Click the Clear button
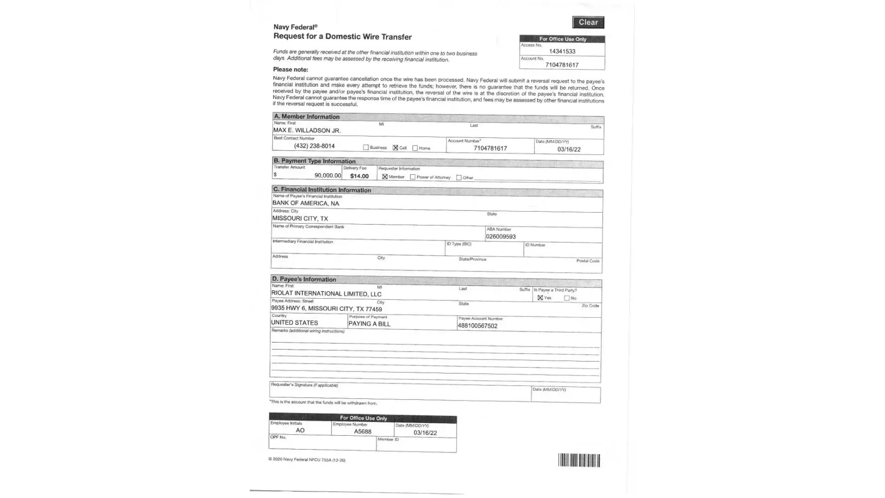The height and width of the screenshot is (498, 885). tap(588, 22)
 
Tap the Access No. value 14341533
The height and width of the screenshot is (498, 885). tap(562, 51)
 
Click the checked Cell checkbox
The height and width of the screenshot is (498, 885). tap(395, 148)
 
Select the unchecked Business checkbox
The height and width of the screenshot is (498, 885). tap(366, 147)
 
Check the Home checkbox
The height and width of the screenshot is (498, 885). tap(415, 148)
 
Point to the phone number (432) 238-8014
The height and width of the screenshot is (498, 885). tap(314, 146)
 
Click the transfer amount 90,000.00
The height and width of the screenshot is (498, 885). tap(328, 175)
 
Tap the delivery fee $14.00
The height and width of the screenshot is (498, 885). tap(359, 176)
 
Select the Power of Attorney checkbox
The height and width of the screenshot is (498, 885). tap(413, 177)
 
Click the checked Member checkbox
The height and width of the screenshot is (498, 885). tap(385, 177)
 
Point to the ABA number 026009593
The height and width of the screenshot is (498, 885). tap(501, 237)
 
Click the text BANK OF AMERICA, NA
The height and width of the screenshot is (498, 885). tap(306, 203)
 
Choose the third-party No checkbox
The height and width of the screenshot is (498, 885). tap(566, 298)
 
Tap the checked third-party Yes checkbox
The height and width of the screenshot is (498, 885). tap(540, 298)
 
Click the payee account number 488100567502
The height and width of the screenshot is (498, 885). tap(477, 326)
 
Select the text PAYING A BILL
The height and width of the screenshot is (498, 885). tap(369, 324)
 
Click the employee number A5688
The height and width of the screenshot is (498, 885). tap(362, 432)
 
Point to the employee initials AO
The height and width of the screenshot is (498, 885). tap(300, 430)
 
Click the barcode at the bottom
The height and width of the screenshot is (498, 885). tap(579, 460)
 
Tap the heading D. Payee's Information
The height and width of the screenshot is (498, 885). tap(304, 279)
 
